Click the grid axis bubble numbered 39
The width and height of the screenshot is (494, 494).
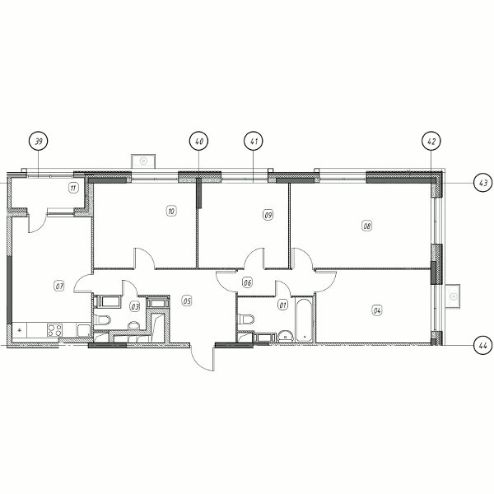click(x=39, y=141)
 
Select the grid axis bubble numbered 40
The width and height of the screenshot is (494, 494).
click(x=198, y=141)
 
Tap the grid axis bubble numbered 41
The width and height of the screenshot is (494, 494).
click(x=254, y=141)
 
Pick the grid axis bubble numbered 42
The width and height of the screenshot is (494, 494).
click(x=431, y=141)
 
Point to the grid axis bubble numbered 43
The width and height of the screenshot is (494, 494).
click(x=483, y=183)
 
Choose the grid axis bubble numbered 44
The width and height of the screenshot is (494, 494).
click(x=483, y=345)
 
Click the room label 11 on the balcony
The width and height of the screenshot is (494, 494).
click(x=73, y=188)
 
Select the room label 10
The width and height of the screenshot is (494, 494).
click(x=171, y=211)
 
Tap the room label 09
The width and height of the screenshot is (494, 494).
click(x=268, y=215)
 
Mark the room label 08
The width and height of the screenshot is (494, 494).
click(x=367, y=226)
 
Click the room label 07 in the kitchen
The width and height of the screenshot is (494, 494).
click(x=59, y=286)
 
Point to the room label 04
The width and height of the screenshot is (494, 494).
click(x=377, y=310)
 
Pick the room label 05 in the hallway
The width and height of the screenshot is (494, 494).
click(x=187, y=301)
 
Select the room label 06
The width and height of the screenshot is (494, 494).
click(x=247, y=282)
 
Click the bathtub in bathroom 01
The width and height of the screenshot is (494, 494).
click(x=304, y=320)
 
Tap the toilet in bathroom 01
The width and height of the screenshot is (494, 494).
click(x=246, y=319)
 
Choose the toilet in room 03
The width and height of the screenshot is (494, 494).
click(x=103, y=320)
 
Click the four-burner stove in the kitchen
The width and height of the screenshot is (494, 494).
click(x=54, y=330)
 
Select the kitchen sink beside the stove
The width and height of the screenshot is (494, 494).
click(x=84, y=330)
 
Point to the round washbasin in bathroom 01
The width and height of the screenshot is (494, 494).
click(x=286, y=336)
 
